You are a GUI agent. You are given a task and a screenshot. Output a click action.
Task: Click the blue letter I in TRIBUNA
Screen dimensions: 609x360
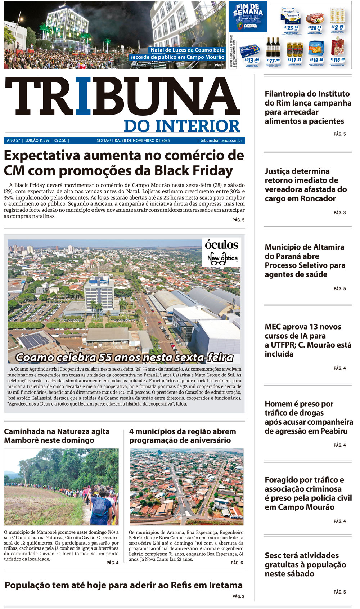pyautogui.click(x=83, y=98)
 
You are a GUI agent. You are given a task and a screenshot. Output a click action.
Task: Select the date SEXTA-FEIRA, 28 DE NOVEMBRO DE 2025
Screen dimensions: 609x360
pyautogui.click(x=133, y=140)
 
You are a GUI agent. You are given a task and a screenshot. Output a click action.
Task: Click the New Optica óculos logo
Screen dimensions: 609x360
pyautogui.click(x=222, y=252)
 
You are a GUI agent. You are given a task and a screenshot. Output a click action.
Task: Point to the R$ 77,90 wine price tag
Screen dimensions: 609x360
pyautogui.click(x=273, y=61)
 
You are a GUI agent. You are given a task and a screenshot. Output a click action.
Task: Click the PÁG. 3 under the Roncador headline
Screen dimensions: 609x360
pyautogui.click(x=339, y=212)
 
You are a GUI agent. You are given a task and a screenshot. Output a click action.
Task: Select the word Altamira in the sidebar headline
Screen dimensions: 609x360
pyautogui.click(x=327, y=247)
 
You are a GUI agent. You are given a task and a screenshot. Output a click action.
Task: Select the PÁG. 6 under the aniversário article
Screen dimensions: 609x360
pyautogui.click(x=237, y=563)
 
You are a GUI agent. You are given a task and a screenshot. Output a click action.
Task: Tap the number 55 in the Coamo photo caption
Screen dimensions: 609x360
pyautogui.click(x=105, y=357)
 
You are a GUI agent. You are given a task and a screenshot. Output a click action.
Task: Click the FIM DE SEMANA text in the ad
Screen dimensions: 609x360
pyautogui.click(x=248, y=10)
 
